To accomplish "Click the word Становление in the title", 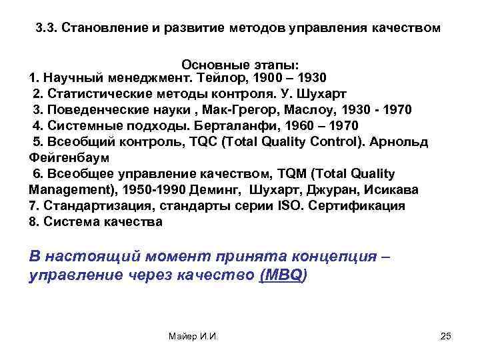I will coord(101,29).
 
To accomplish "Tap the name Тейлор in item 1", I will coord(225,78).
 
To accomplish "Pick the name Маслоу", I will coord(321,110).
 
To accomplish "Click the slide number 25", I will coord(446,336).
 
